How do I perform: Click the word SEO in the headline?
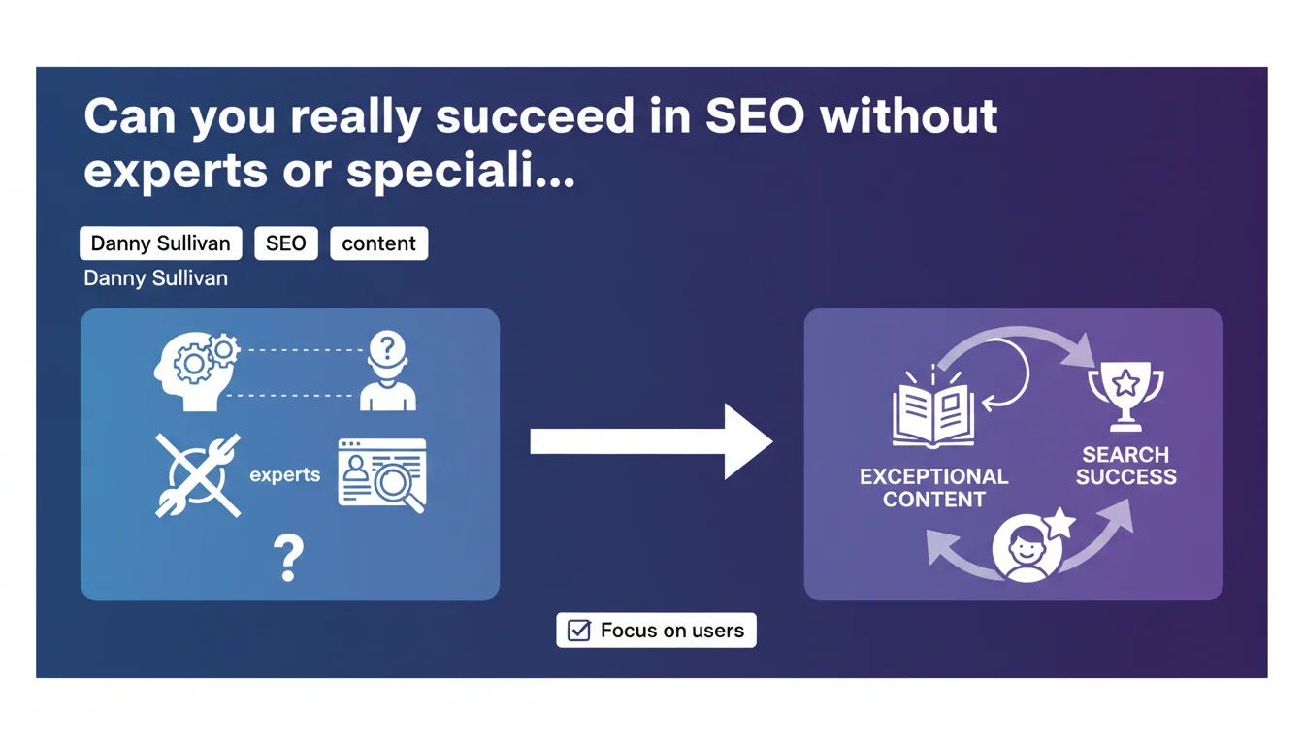tap(755, 115)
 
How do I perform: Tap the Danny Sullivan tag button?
tap(161, 243)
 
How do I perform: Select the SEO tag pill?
tap(286, 243)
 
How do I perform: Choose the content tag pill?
tap(379, 243)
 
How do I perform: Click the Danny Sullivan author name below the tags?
tap(155, 278)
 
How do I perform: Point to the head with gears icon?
tap(196, 372)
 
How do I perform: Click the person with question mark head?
tap(388, 371)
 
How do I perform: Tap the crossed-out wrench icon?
tap(198, 475)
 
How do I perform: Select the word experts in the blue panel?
tap(284, 475)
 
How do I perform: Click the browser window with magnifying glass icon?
tap(382, 475)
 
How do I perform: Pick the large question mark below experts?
tap(289, 558)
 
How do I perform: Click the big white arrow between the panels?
tap(651, 441)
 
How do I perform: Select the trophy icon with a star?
tap(1125, 397)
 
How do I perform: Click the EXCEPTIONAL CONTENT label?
tap(933, 488)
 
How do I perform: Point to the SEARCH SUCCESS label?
tap(1125, 466)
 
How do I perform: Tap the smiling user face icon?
tap(1027, 548)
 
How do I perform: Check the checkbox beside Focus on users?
tap(578, 631)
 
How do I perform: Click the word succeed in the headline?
tap(534, 115)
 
